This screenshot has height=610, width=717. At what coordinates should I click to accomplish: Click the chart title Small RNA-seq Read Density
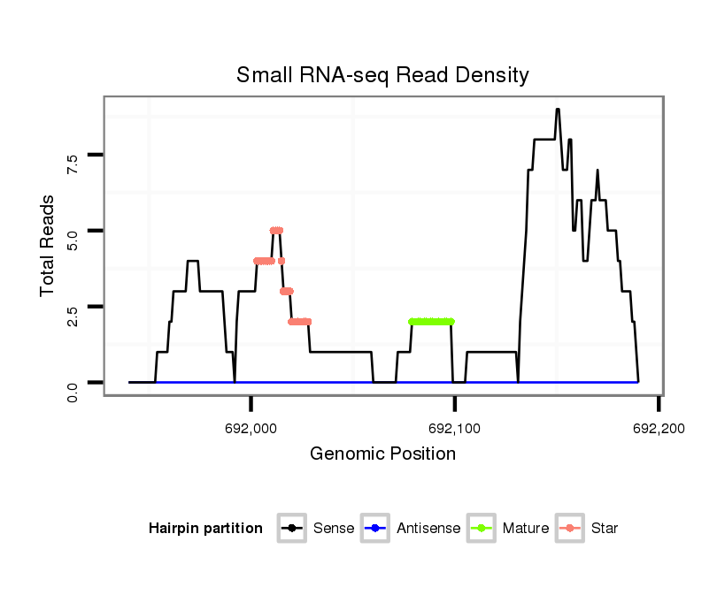(382, 75)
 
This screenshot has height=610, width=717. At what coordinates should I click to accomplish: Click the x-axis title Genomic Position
(382, 454)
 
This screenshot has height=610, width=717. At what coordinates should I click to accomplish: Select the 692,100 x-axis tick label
(454, 428)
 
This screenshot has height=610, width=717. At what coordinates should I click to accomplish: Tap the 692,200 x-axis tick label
(658, 428)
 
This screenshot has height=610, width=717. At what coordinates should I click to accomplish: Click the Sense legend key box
(291, 529)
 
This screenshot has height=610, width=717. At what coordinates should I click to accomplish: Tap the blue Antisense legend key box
(375, 529)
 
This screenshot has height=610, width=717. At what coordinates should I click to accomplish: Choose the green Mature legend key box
(482, 529)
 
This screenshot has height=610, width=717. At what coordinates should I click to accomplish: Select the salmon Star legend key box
(570, 529)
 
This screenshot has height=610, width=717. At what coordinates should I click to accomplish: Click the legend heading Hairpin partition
(205, 529)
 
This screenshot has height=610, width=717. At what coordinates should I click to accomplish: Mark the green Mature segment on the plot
(431, 322)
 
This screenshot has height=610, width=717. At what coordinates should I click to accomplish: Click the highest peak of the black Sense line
(558, 110)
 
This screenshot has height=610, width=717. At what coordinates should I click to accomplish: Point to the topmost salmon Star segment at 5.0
(276, 231)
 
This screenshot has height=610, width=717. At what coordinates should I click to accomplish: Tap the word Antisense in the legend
(428, 529)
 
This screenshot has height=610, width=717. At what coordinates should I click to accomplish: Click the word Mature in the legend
(525, 529)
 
